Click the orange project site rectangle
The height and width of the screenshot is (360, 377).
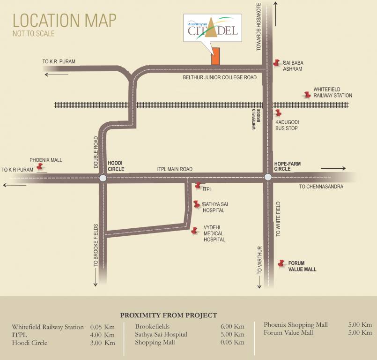215,56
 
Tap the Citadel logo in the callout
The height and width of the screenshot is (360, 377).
213,28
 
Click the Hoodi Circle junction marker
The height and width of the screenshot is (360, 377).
103,178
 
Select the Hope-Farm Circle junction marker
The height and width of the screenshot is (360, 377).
268,177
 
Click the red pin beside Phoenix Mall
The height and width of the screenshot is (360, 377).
41,167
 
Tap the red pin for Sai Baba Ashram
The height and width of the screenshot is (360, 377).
276,63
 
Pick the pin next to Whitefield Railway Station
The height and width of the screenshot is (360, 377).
307,95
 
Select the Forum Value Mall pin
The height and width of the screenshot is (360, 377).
281,263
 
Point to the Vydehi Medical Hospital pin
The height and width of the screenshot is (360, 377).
194,231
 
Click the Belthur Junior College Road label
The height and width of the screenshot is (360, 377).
220,77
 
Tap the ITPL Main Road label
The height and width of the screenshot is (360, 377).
175,169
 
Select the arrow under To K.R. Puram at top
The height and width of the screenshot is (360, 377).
56,74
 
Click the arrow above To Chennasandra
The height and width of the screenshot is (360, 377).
333,168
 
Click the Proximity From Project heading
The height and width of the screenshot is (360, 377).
169,315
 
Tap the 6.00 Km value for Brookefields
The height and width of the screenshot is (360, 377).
233,326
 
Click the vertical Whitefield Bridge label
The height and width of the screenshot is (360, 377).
255,119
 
